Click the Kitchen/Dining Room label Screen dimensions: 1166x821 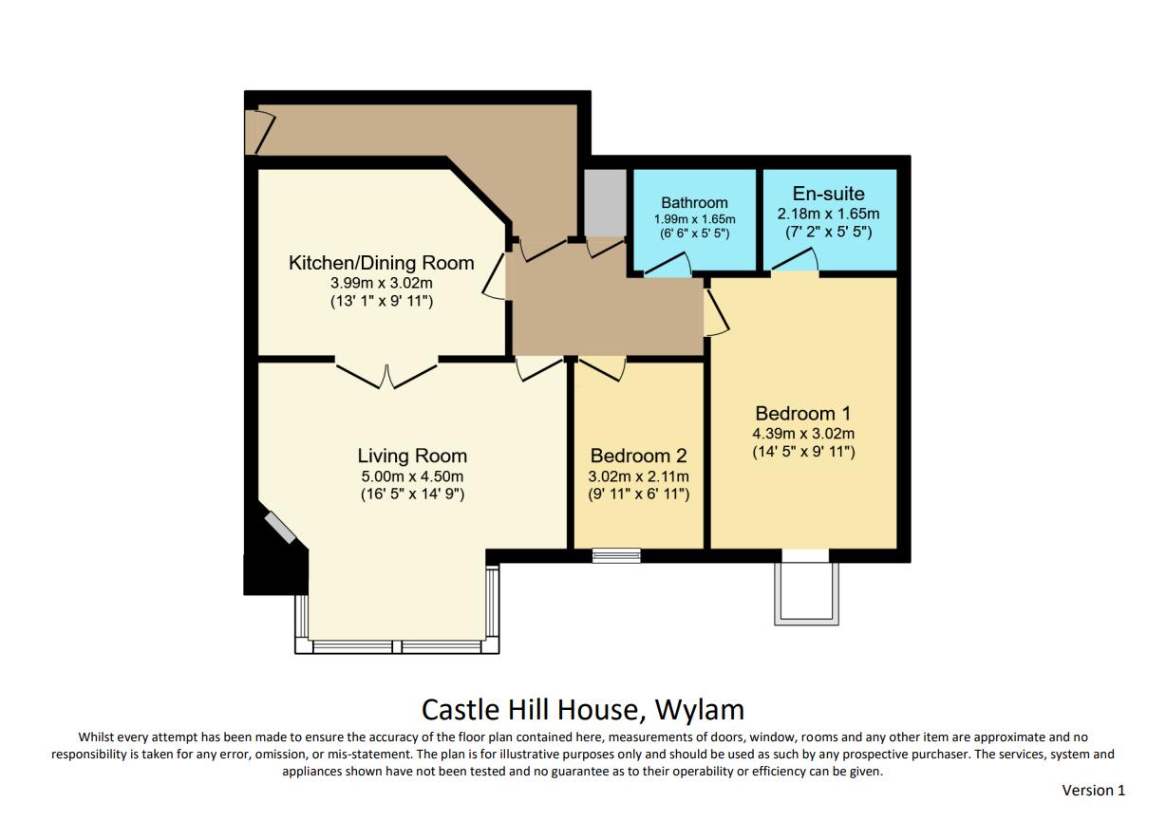[x=381, y=263]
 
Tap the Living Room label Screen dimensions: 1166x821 [x=412, y=456]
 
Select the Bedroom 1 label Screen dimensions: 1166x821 [x=803, y=414]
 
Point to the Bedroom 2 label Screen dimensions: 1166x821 [x=639, y=456]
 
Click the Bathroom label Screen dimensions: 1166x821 [x=694, y=202]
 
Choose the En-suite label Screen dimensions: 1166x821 [x=829, y=194]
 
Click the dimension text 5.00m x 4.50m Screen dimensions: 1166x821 [x=412, y=476]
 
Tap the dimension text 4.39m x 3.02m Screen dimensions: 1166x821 [x=803, y=434]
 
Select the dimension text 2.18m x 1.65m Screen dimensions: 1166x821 [x=829, y=214]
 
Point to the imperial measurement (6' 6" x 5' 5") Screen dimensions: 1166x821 [x=694, y=233]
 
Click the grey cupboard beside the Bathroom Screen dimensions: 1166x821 [x=605, y=202]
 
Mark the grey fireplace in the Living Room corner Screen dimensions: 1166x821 [x=280, y=528]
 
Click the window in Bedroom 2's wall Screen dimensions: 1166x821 [x=616, y=555]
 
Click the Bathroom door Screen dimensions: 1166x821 [x=668, y=264]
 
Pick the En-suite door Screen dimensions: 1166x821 [x=795, y=259]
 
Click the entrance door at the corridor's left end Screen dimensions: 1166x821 [x=260, y=132]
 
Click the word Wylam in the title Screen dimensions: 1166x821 [x=700, y=710]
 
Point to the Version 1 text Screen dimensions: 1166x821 [x=1094, y=791]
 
